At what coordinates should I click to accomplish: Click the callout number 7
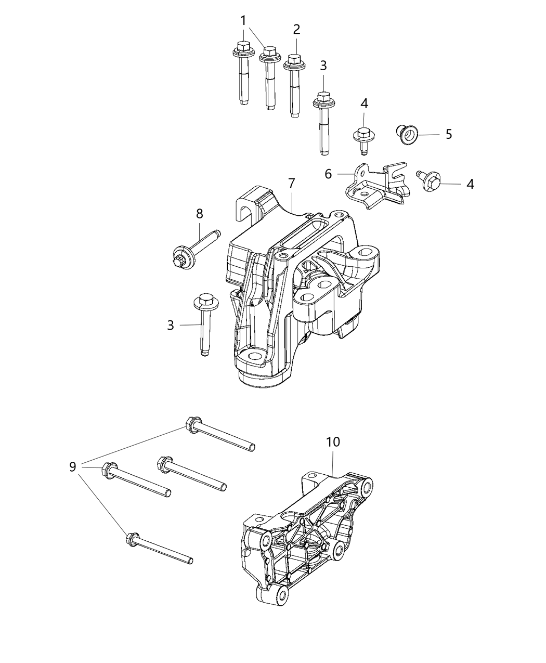(291, 183)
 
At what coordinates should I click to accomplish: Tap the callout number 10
(333, 442)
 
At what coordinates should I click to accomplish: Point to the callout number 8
(199, 213)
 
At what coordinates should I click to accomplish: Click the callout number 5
(448, 134)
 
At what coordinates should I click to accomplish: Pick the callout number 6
(328, 174)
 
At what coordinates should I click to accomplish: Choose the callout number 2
(296, 29)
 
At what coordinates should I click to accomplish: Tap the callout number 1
(243, 21)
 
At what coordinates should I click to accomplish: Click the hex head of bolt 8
(180, 257)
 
